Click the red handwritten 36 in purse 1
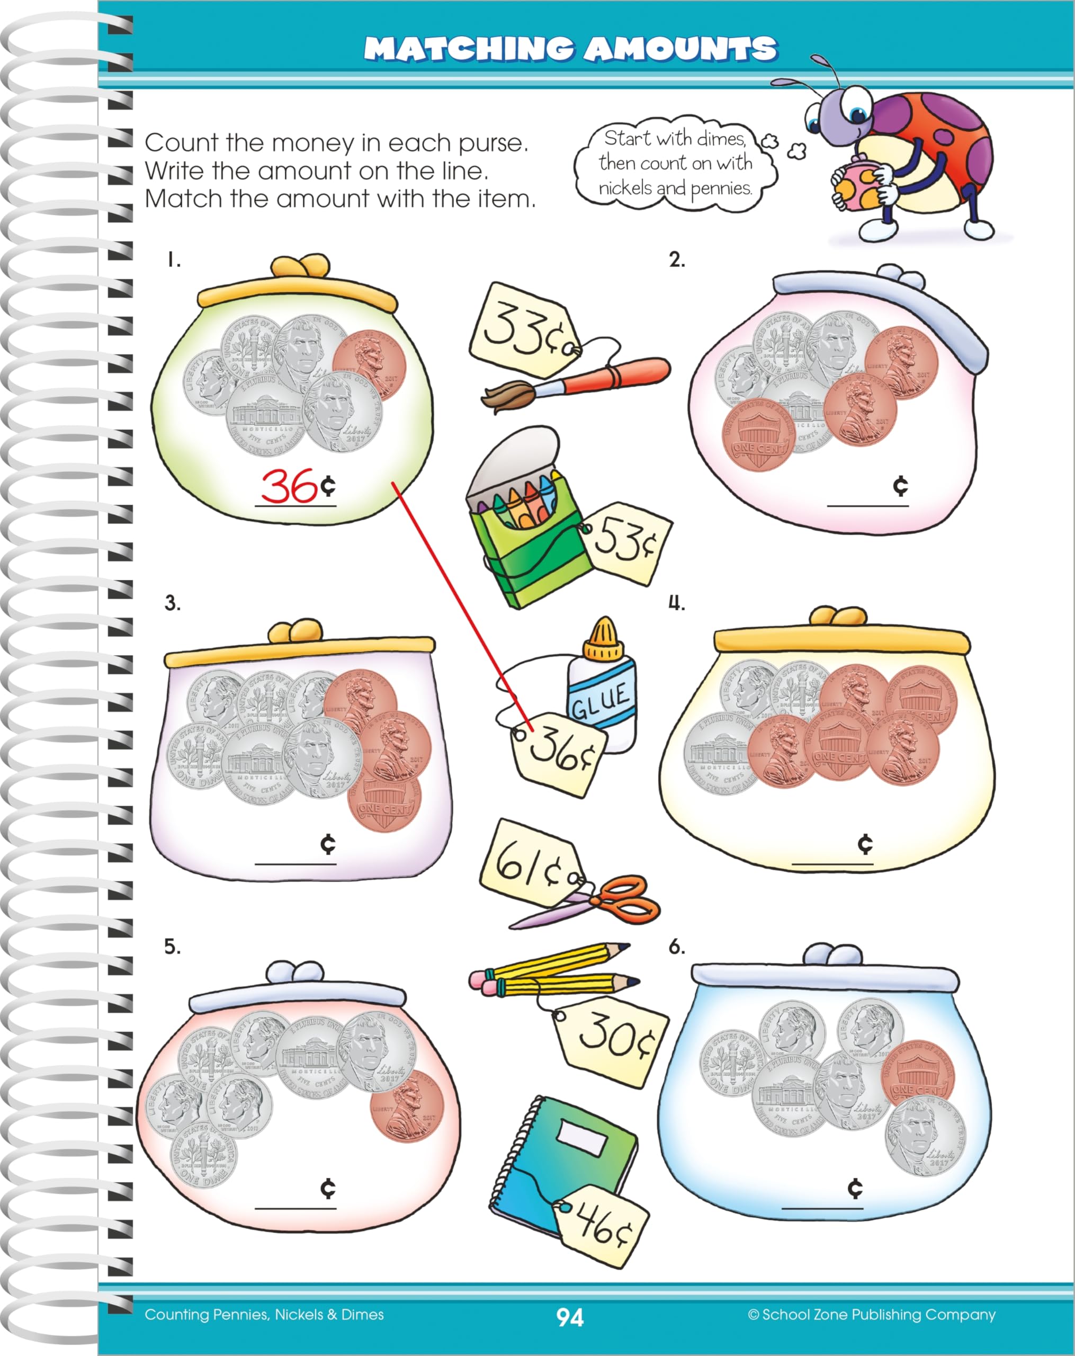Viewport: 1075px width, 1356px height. (x=289, y=486)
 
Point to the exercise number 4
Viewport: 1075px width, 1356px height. (x=676, y=603)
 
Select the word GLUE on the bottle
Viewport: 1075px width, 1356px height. (x=600, y=701)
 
